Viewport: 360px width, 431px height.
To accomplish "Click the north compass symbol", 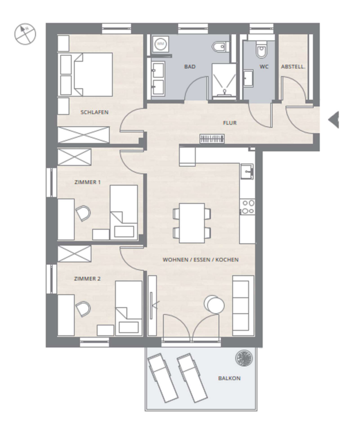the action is point(25,34).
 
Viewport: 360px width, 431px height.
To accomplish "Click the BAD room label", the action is point(190,67).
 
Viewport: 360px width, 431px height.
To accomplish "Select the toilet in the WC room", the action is point(261,49).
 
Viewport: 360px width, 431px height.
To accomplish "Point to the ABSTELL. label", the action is point(293,67).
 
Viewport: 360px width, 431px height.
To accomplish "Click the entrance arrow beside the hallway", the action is point(333,120).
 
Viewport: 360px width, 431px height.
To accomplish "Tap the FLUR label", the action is point(230,123).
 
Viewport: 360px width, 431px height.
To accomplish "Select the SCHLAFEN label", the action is point(94,112).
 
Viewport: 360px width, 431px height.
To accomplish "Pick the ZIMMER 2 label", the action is point(87,279).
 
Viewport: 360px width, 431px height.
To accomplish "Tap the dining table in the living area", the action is point(192,223).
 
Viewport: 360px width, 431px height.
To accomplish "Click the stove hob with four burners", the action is point(247,207).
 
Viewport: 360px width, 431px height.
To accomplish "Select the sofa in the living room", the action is point(243,306).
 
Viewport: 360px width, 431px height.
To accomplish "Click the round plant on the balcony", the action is point(244,358).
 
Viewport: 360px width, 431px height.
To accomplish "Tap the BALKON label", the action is point(229,378).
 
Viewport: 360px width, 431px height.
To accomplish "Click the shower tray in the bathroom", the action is point(224,81).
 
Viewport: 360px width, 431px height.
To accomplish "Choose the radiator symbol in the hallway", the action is point(212,138).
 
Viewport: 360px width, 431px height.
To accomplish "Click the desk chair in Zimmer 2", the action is point(83,309).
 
